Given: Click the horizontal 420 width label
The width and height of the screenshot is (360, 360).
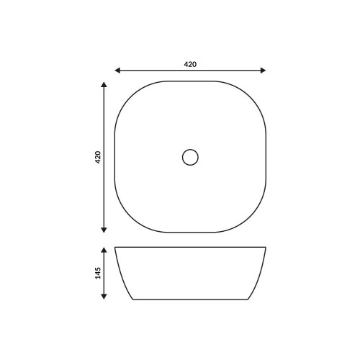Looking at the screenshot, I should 190,64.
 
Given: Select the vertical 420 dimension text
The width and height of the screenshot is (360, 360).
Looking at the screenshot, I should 98,157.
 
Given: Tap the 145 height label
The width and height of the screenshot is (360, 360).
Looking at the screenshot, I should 98,273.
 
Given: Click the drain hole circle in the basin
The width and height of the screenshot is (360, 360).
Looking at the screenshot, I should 190,157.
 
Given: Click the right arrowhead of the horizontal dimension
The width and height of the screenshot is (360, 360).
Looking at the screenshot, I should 264,71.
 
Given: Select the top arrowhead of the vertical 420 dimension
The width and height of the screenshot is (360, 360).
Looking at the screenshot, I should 104,85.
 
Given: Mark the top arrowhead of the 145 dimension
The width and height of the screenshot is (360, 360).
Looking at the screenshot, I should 104,249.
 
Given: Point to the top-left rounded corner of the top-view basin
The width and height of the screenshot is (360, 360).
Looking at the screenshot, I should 125,93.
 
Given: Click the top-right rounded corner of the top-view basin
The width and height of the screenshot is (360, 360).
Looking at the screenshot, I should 256,93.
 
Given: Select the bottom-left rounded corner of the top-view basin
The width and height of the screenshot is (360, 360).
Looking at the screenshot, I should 125,222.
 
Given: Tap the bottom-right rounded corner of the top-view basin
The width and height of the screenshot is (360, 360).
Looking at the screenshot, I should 256,222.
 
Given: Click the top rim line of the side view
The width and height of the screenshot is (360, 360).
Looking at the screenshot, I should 190,247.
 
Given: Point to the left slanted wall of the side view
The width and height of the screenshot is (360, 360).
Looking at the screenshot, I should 122,274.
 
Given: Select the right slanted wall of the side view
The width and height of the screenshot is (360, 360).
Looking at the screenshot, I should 258,274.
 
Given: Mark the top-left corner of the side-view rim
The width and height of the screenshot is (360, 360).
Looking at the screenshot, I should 115,247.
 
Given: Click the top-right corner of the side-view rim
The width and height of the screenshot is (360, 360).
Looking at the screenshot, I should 266,247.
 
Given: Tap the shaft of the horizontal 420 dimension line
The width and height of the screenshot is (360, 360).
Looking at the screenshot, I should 158,71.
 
